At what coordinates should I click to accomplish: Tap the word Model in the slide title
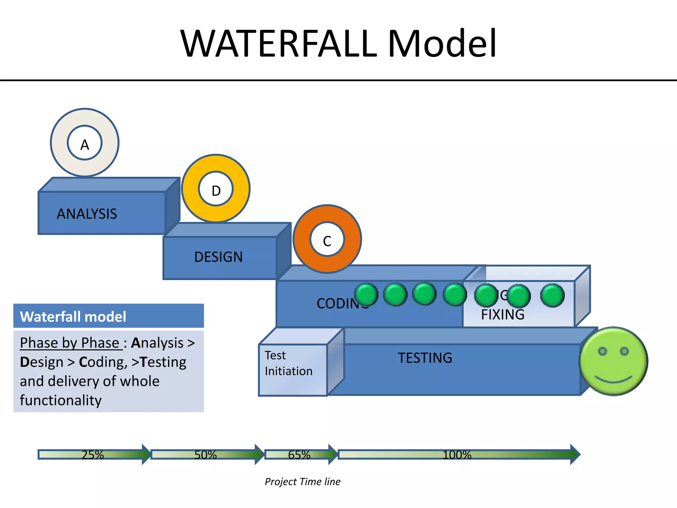click(442, 44)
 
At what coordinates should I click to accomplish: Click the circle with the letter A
click(85, 143)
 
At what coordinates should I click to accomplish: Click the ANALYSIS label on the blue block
click(87, 214)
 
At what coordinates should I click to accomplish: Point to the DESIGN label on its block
click(219, 257)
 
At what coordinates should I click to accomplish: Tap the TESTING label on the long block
click(425, 358)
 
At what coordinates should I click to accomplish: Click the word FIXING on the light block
click(502, 315)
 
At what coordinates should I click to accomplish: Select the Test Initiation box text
click(289, 363)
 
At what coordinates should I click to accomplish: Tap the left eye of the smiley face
click(603, 351)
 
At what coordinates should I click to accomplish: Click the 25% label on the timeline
click(93, 455)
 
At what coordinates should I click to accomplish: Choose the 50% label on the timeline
click(205, 455)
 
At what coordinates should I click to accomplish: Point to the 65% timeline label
click(299, 455)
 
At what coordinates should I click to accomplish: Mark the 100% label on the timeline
click(457, 455)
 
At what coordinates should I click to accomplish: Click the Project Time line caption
click(302, 482)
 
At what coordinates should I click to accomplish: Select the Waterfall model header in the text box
click(73, 317)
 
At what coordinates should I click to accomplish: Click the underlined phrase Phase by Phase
click(69, 343)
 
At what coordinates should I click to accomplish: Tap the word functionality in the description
click(61, 400)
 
